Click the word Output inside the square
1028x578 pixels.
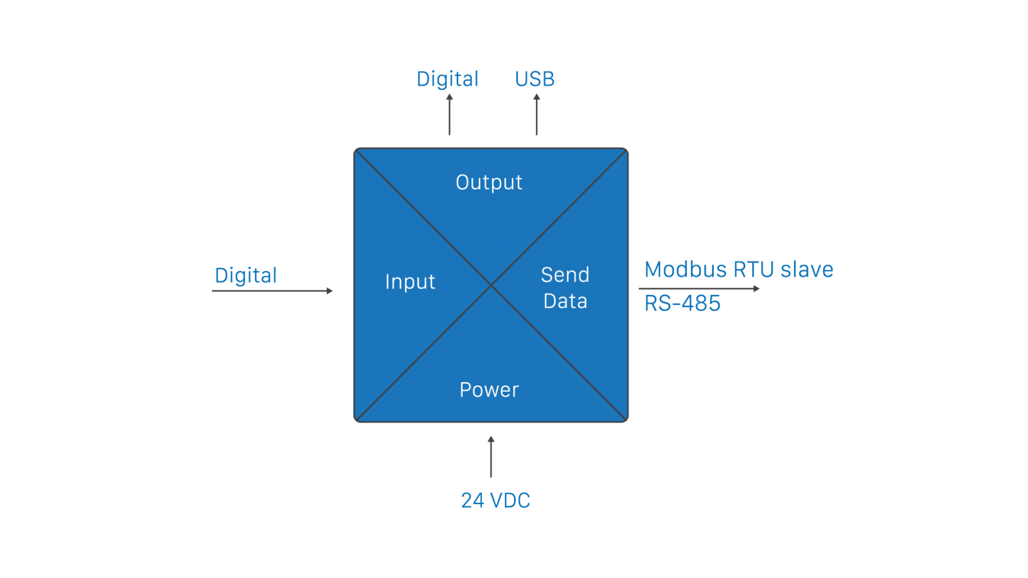coord(489,182)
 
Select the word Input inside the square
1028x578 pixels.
coord(410,282)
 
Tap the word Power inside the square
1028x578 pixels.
coord(489,390)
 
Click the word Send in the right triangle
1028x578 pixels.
coord(565,275)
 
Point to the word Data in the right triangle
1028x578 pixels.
coord(565,301)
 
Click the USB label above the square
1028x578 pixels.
coord(535,80)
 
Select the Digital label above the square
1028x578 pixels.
coord(448,80)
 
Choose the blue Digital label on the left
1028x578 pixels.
coord(246,276)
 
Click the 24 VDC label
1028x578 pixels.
coord(495,500)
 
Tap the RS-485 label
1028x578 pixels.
coord(682,304)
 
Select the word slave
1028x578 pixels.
coord(806,270)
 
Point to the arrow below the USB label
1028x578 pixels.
coord(536,114)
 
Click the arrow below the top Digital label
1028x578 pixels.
coord(450,114)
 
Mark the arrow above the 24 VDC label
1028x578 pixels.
coord(491,457)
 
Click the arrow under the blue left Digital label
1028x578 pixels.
coord(272,291)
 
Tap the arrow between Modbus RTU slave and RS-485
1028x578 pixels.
coord(700,289)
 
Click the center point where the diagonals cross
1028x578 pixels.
coord(492,285)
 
